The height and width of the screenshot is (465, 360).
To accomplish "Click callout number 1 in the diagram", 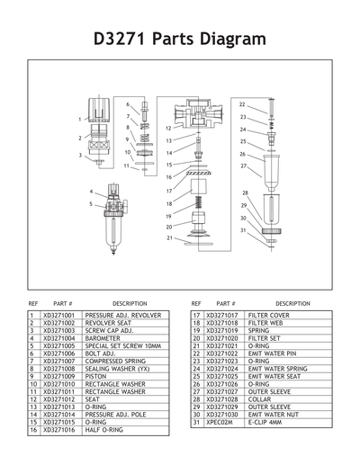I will coord(79,119).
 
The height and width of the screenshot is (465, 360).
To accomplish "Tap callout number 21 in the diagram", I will coord(169,238).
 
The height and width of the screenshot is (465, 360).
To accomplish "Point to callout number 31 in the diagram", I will coord(242,231).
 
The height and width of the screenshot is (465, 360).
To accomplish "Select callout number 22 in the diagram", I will coord(243,105).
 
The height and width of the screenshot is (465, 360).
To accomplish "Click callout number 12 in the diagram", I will coord(168,129).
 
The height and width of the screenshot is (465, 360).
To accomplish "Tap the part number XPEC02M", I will coord(221,422).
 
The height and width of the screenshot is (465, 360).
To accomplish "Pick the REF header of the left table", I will coord(33,304).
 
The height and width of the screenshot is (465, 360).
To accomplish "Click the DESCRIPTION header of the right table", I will coord(292,304).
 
